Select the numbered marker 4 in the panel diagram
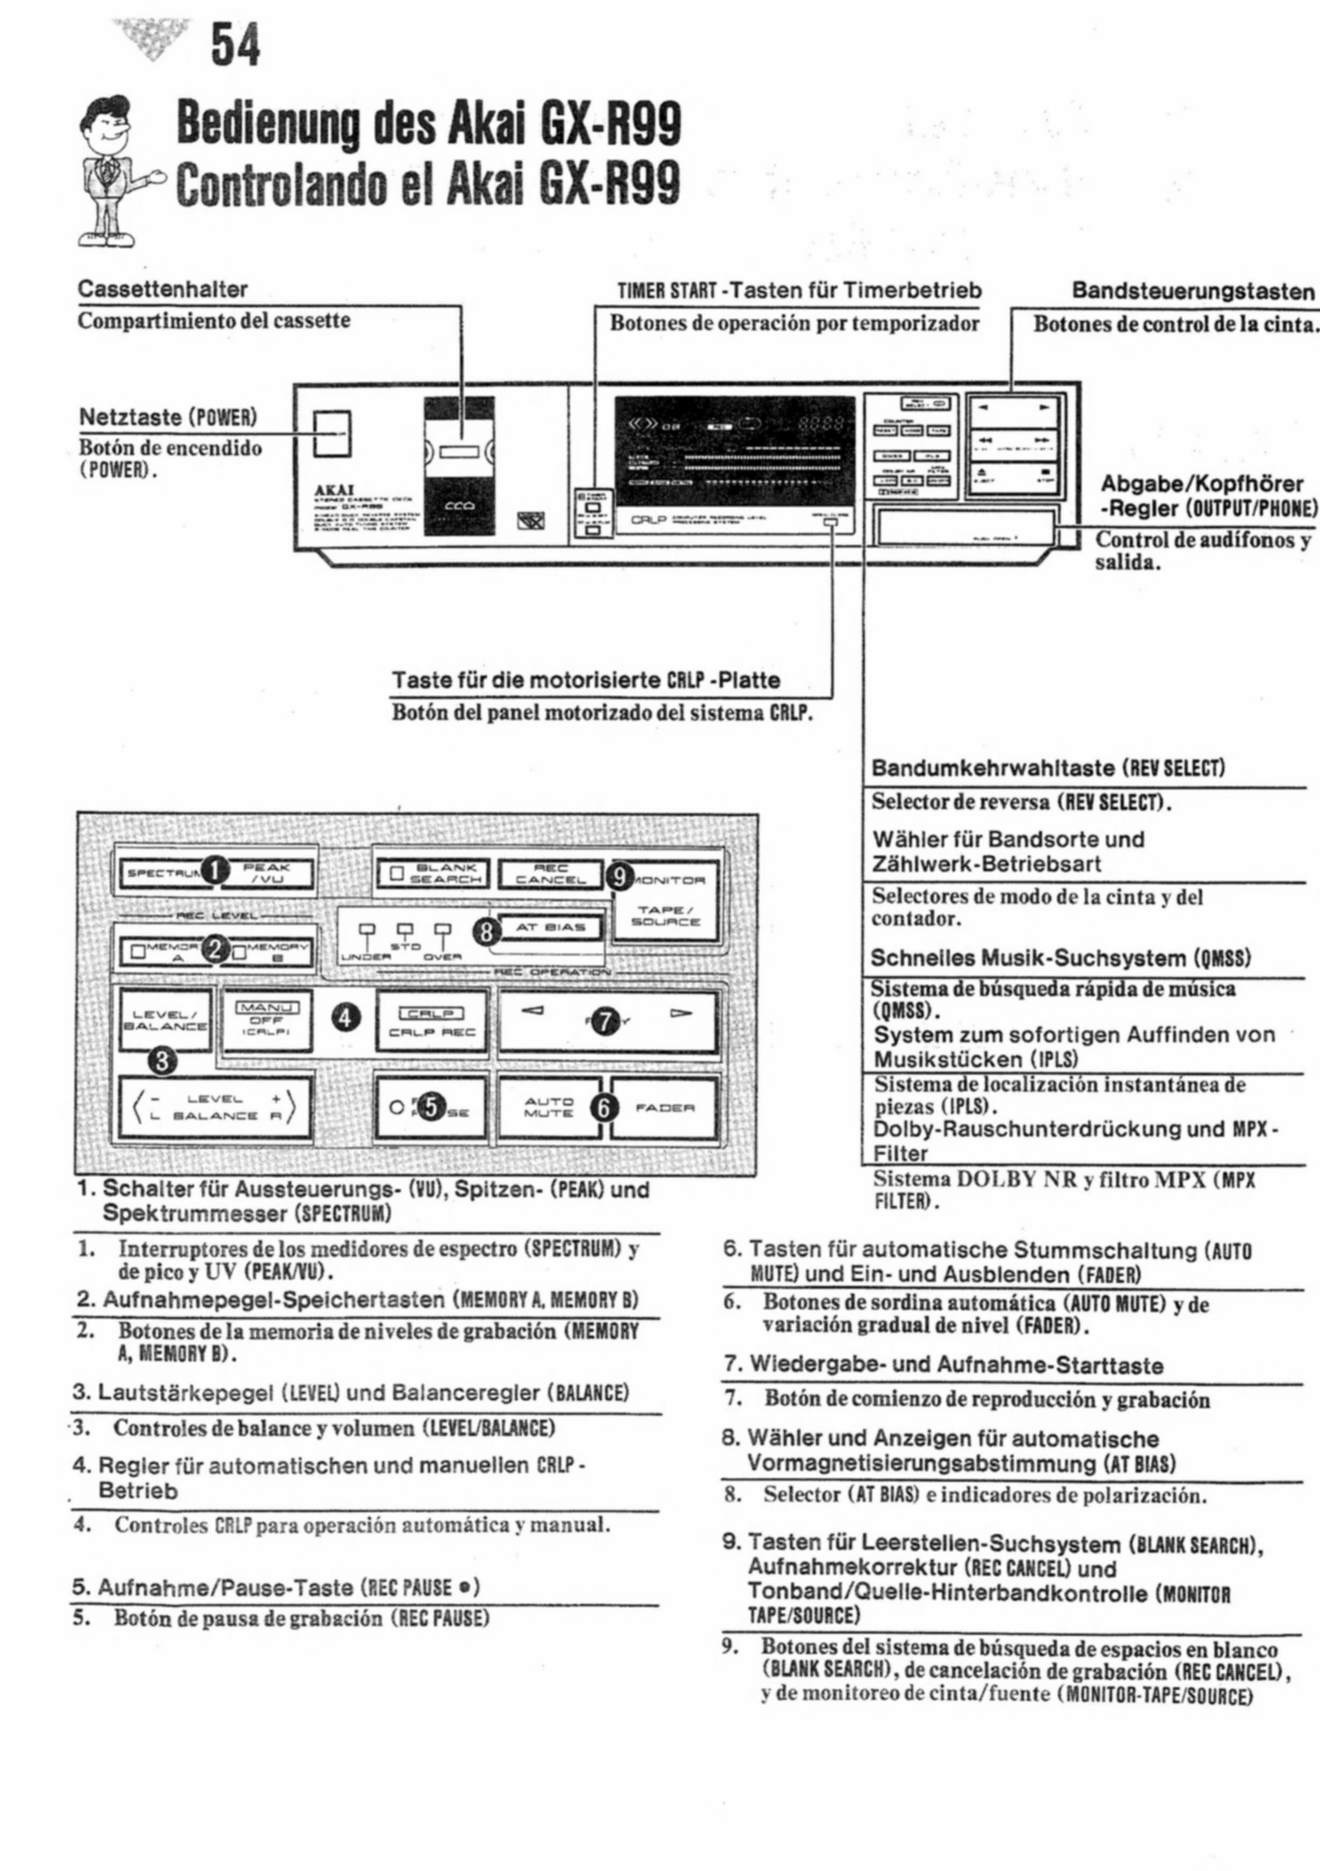347,1017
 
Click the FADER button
665,1107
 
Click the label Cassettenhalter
163,289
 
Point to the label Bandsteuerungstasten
1194,291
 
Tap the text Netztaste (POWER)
168,417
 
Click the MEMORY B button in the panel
271,952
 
